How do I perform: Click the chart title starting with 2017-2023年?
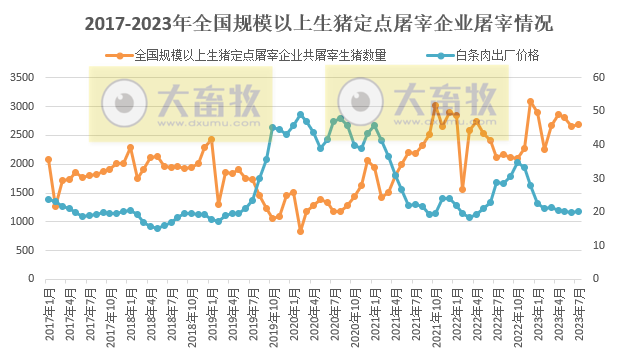point(310,21)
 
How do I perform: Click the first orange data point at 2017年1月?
point(48,159)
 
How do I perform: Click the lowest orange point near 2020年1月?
point(300,231)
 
